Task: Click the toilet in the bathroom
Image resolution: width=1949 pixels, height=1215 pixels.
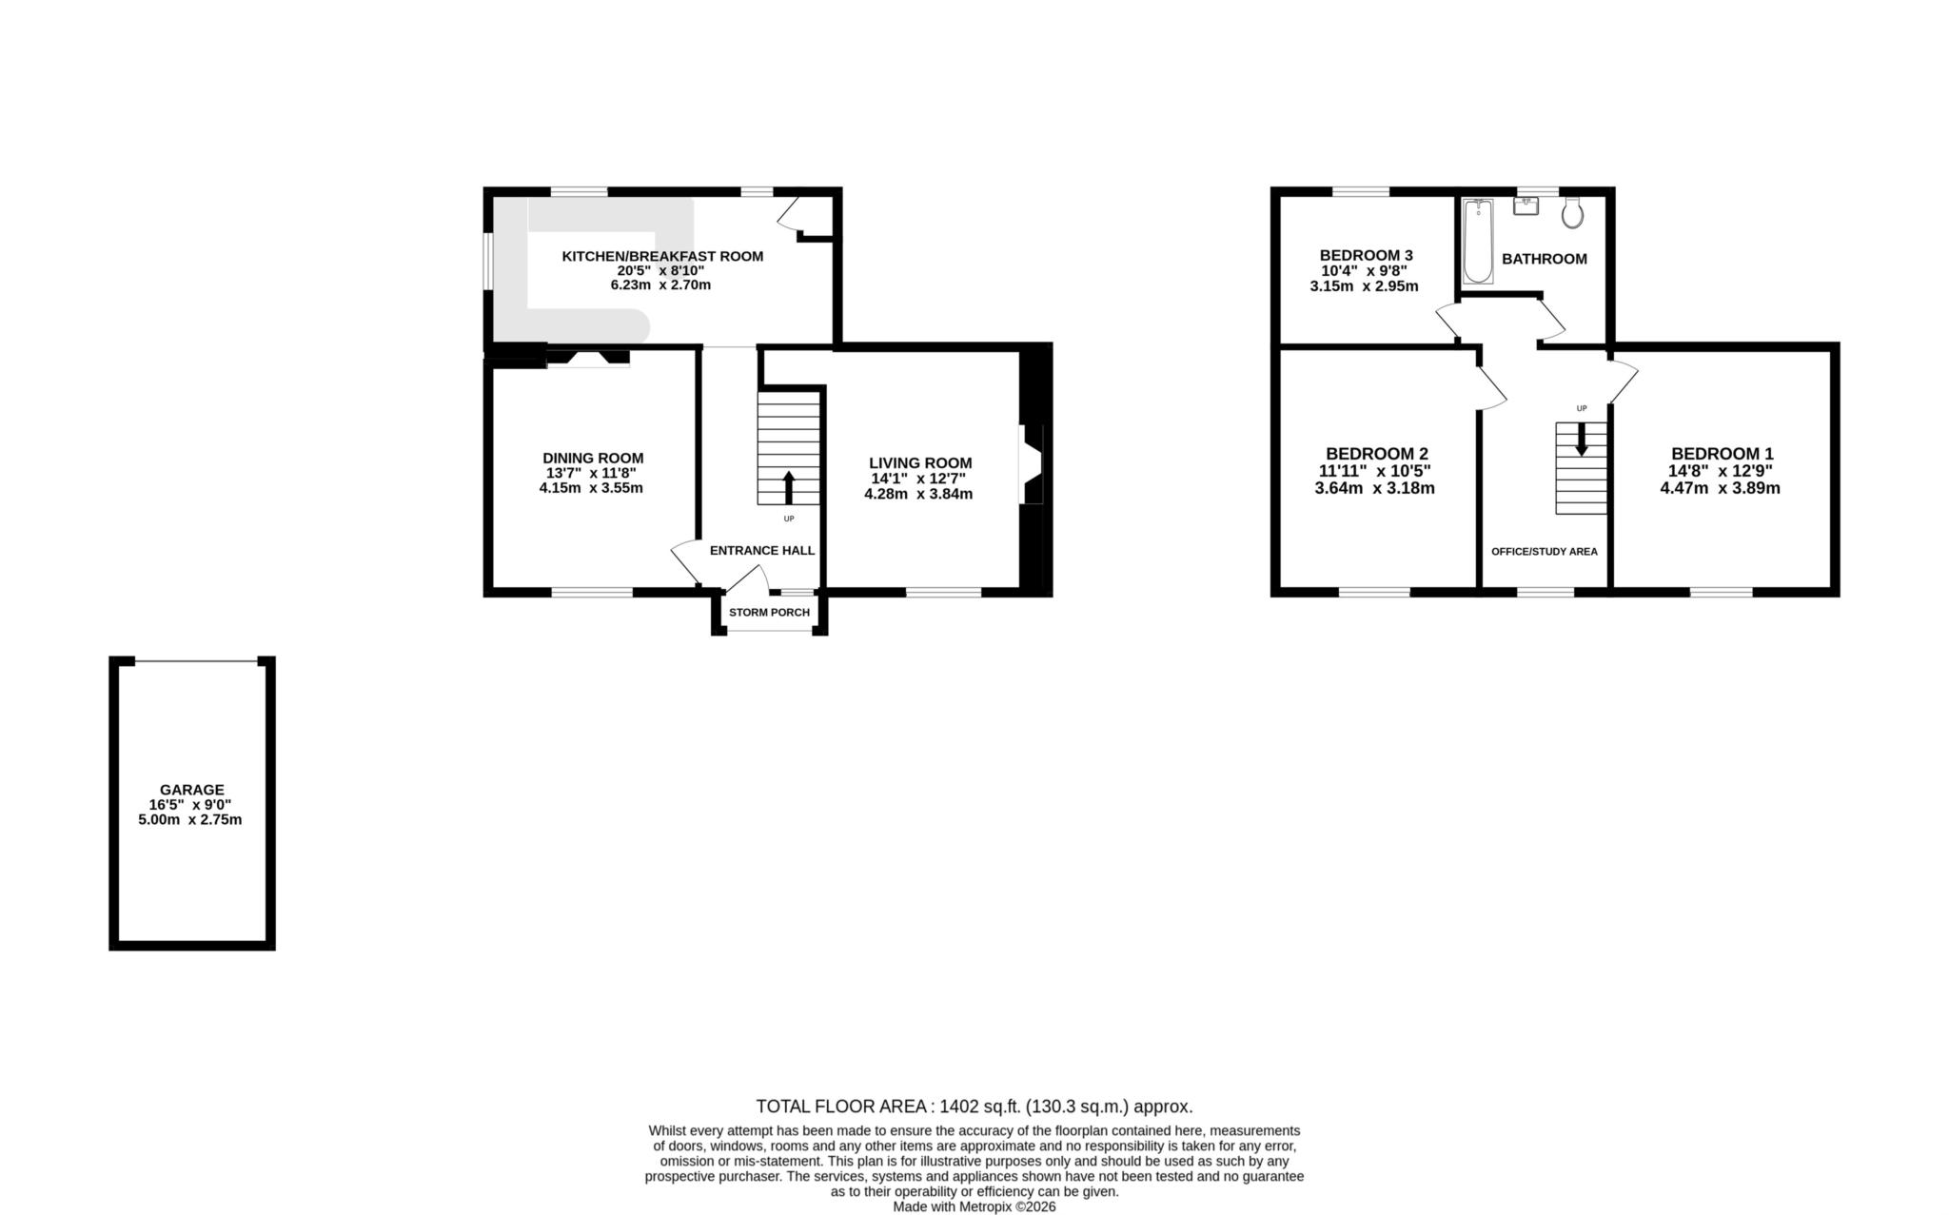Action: point(1572,213)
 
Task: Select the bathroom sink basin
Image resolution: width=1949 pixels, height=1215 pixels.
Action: point(1526,206)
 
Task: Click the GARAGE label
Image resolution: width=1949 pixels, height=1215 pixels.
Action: point(191,790)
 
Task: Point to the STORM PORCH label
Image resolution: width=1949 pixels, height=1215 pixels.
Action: point(769,612)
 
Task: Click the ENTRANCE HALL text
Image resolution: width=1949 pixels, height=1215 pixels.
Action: point(761,550)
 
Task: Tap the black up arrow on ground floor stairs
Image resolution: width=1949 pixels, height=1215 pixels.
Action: point(788,486)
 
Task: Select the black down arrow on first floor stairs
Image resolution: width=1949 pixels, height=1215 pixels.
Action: point(1582,439)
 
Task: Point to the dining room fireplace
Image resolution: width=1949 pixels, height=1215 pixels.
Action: point(587,358)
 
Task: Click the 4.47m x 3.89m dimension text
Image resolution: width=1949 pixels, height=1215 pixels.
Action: point(1720,488)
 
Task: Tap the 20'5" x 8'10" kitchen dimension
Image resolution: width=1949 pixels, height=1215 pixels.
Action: point(660,270)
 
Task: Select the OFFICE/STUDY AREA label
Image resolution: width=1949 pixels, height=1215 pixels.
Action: point(1544,552)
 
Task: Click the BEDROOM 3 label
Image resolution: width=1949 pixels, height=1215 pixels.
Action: point(1366,255)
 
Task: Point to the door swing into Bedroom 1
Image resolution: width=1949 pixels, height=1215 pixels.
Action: point(1623,379)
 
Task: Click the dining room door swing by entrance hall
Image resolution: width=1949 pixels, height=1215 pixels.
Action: point(685,561)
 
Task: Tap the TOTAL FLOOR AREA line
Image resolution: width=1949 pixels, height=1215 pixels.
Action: point(974,1107)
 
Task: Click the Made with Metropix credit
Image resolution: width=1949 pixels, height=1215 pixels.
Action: point(974,1206)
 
